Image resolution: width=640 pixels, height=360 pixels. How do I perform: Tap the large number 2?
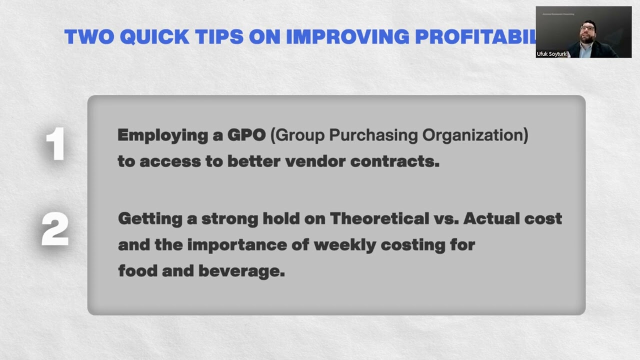[55, 228]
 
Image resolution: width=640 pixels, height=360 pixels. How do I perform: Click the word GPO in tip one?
[246, 135]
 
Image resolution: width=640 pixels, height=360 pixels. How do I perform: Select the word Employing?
[169, 136]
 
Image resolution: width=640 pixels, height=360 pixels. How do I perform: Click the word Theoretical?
[379, 218]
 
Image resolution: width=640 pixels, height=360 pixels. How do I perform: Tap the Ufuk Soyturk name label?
[551, 54]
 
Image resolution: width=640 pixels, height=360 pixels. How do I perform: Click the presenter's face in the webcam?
[586, 32]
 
